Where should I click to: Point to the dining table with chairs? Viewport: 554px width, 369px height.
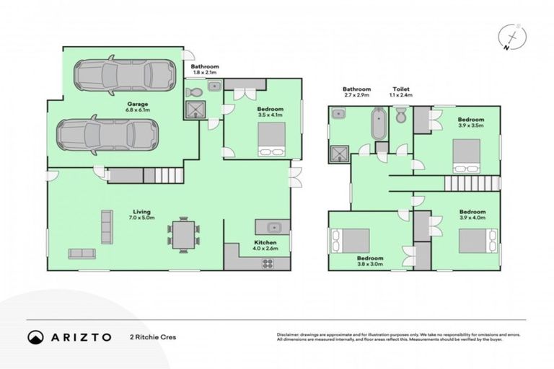180,234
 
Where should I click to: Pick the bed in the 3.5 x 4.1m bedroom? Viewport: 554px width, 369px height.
272,139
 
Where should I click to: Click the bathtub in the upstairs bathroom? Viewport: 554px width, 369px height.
378,125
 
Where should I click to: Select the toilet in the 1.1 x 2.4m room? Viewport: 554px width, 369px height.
402,115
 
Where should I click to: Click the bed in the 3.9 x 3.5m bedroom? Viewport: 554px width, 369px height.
466,155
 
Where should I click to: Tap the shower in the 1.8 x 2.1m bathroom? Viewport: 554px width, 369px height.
195,109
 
